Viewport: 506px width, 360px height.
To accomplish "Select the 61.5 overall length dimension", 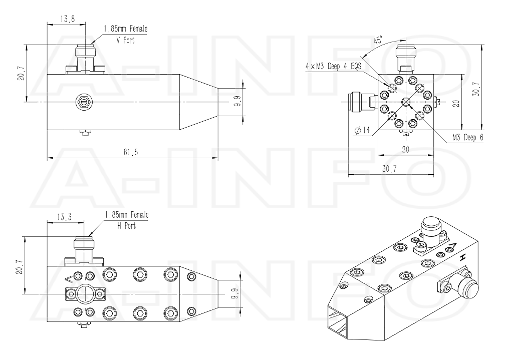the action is [131, 152].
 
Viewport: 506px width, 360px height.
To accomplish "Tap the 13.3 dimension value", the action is [64, 217].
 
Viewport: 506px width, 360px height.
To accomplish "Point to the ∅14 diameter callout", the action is [362, 130].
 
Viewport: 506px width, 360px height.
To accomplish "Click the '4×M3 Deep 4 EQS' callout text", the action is [333, 67].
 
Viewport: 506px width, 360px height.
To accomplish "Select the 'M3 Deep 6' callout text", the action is [468, 137].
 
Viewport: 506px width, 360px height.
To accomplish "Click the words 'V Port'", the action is [125, 41].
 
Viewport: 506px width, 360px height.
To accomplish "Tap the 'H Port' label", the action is [126, 226].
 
